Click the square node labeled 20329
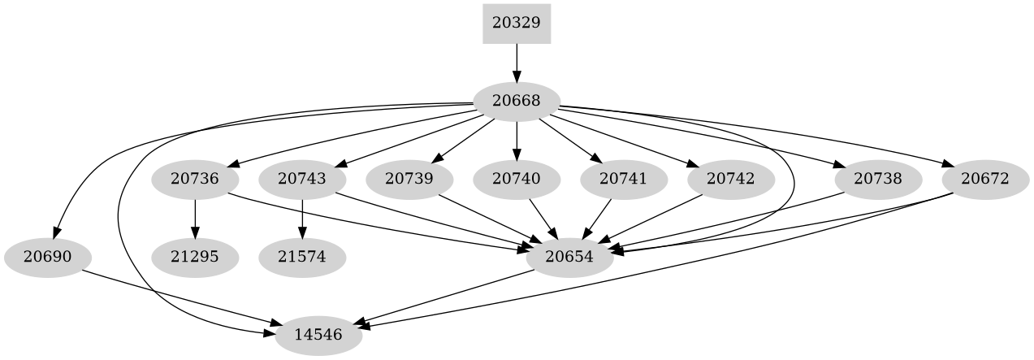pyautogui.click(x=517, y=23)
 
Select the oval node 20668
pyautogui.click(x=517, y=102)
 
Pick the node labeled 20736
pyautogui.click(x=195, y=179)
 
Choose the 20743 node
pyautogui.click(x=302, y=179)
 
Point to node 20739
pyautogui.click(x=409, y=179)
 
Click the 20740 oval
pyautogui.click(x=517, y=179)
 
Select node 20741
pyautogui.click(x=624, y=179)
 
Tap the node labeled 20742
pyautogui.click(x=731, y=179)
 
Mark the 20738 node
pyautogui.click(x=878, y=179)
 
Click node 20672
pyautogui.click(x=985, y=179)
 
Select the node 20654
pyautogui.click(x=569, y=258)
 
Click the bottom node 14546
pyautogui.click(x=318, y=334)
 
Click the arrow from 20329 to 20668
pyautogui.click(x=517, y=62)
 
